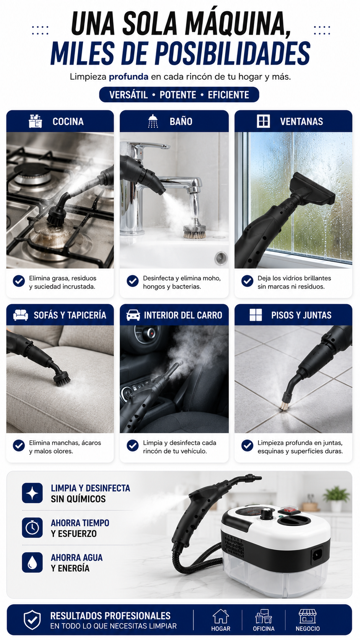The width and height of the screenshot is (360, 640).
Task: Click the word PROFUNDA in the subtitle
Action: (129, 77)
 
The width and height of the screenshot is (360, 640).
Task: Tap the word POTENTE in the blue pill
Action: (178, 95)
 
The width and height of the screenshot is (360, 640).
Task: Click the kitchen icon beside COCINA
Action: (36, 121)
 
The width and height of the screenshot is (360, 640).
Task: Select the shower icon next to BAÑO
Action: (153, 121)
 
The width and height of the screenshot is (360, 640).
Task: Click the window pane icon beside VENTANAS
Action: (263, 121)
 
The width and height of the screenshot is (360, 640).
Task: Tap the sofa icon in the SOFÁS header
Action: (21, 315)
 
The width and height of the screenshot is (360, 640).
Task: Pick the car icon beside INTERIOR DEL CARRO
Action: (133, 315)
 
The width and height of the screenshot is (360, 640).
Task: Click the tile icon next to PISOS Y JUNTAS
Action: (256, 315)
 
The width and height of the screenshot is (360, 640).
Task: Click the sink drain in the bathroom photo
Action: (221, 258)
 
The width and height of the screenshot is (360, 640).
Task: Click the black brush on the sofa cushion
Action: (62, 378)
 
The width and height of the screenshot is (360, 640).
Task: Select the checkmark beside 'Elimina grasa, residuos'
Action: (19, 281)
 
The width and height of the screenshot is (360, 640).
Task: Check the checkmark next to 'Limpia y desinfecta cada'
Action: (133, 446)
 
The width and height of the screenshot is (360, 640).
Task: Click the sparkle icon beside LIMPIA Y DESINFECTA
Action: (32, 493)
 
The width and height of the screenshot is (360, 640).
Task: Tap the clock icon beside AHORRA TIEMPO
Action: (32, 528)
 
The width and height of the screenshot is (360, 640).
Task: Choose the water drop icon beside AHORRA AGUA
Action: (32, 562)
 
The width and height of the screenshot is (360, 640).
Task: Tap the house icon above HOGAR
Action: (221, 616)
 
